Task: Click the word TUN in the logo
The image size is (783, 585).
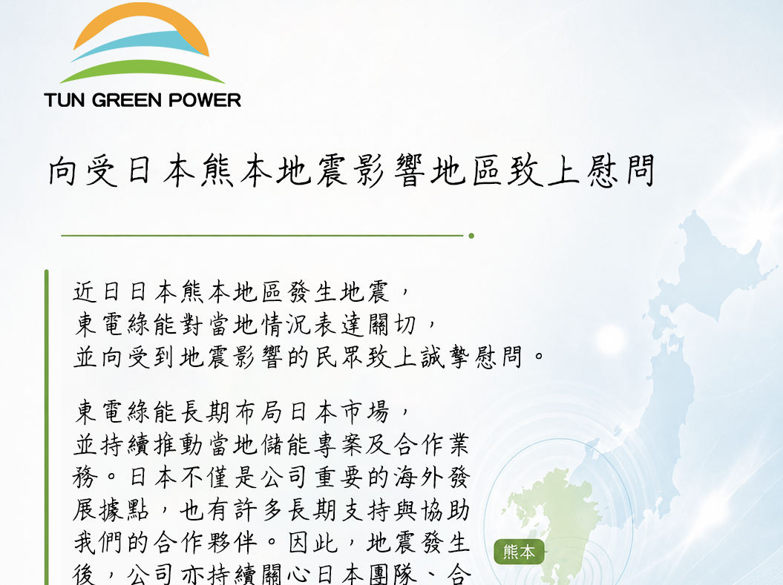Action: pyautogui.click(x=65, y=100)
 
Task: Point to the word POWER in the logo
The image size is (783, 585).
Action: pyautogui.click(x=205, y=100)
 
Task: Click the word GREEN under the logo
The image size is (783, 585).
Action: pyautogui.click(x=127, y=100)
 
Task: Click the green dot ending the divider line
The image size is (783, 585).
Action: pyautogui.click(x=471, y=235)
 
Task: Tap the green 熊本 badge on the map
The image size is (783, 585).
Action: pyautogui.click(x=519, y=552)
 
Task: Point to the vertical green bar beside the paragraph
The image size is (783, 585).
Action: pyautogui.click(x=47, y=427)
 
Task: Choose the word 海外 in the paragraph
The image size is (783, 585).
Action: pyautogui.click(x=418, y=477)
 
